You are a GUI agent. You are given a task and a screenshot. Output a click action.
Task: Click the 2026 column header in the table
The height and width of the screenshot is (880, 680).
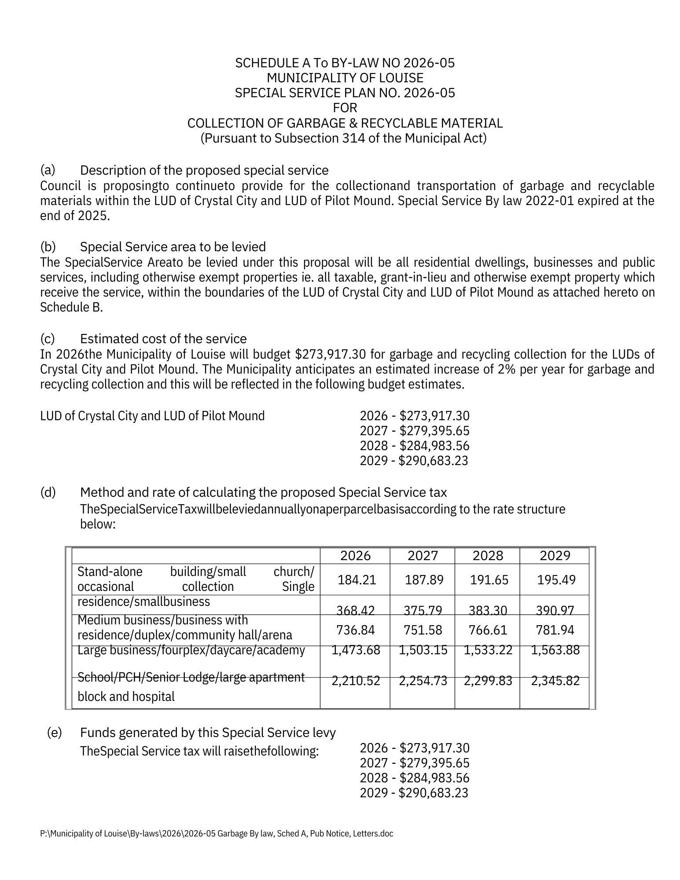pyautogui.click(x=356, y=556)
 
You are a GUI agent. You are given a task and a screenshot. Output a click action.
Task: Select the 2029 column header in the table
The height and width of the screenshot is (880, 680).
pyautogui.click(x=555, y=556)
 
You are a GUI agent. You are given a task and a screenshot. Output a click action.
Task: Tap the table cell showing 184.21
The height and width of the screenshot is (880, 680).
pyautogui.click(x=357, y=579)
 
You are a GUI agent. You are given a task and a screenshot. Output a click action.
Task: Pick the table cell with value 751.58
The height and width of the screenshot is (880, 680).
pyautogui.click(x=423, y=630)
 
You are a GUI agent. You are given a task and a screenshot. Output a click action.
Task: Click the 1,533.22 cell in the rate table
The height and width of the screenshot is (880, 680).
pyautogui.click(x=488, y=650)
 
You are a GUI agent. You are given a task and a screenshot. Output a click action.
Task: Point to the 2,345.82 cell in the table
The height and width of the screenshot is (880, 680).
pyautogui.click(x=555, y=681)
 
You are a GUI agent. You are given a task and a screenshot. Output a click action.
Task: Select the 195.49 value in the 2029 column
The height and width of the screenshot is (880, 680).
pyautogui.click(x=556, y=579)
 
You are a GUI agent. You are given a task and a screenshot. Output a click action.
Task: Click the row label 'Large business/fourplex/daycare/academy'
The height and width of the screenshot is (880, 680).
pyautogui.click(x=191, y=650)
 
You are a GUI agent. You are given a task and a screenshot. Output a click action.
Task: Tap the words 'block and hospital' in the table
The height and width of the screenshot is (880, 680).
pyautogui.click(x=126, y=697)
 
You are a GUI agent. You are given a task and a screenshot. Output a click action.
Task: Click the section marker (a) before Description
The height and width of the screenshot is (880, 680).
pyautogui.click(x=48, y=170)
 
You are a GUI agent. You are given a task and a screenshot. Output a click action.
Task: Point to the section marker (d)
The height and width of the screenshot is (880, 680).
pyautogui.click(x=48, y=492)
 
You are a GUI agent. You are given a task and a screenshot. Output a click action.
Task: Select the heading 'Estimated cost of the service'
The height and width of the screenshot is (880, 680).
pyautogui.click(x=163, y=339)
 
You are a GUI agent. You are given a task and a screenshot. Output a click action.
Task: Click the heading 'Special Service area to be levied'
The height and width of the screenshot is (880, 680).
pyautogui.click(x=173, y=246)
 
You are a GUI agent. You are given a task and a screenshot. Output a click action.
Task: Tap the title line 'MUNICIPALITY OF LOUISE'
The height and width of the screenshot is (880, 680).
pyautogui.click(x=345, y=78)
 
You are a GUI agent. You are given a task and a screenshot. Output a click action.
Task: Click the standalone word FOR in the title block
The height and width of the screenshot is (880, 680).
pyautogui.click(x=345, y=108)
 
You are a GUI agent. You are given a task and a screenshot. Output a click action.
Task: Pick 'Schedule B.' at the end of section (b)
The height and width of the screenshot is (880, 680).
pyautogui.click(x=71, y=307)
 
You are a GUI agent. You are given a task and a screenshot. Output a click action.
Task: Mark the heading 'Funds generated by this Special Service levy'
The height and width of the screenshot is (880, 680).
pyautogui.click(x=208, y=733)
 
